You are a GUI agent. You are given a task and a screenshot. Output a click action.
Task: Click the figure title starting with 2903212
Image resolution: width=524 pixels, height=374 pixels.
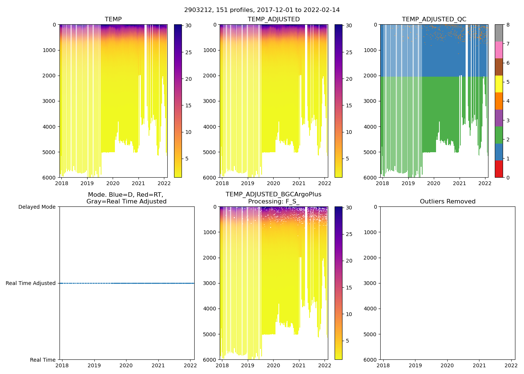[x=262, y=10]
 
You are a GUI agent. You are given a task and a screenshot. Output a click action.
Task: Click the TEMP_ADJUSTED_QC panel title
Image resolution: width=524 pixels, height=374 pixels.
[x=434, y=19]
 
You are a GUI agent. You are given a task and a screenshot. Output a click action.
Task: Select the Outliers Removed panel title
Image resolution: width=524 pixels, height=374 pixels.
[x=448, y=202]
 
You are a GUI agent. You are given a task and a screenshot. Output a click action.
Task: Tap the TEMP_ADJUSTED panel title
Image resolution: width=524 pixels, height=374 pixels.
[x=274, y=19]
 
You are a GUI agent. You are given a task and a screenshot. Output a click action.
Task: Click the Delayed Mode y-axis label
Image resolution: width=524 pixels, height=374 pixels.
[x=37, y=207]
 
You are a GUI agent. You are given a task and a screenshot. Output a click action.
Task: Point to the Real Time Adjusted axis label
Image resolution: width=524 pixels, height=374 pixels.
[x=31, y=283]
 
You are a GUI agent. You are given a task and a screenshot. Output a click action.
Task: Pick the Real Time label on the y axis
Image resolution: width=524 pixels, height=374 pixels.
[x=43, y=360]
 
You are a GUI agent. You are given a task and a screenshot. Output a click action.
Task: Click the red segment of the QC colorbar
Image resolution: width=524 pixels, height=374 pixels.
[x=499, y=169]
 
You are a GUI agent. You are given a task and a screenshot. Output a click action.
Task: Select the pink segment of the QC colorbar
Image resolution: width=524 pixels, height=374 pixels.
[x=499, y=50]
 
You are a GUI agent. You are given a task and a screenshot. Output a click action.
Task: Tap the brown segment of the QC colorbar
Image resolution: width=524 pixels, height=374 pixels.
[x=499, y=67]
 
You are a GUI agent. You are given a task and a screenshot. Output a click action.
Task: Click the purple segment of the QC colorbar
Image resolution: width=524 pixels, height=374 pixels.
[x=499, y=118]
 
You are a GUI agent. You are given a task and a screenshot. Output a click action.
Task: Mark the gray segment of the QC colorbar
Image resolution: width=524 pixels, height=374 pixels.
[x=499, y=33]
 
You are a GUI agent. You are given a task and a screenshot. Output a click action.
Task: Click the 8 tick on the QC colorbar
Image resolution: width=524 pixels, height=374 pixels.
[x=507, y=25]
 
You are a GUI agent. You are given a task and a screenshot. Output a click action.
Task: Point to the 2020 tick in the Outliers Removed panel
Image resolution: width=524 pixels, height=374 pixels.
[x=447, y=365]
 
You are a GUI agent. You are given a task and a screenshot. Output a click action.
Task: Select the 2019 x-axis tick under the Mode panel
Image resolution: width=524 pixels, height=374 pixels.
[x=94, y=365]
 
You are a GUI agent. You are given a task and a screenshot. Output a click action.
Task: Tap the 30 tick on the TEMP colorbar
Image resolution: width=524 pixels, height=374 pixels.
[x=189, y=26]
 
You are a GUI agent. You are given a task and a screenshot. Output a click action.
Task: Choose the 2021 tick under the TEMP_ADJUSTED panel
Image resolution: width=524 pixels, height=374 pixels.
[x=299, y=183]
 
